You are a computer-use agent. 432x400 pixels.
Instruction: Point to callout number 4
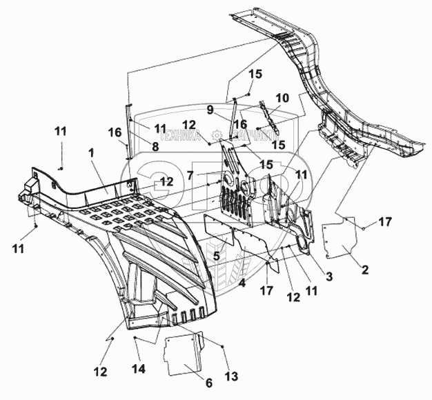[242, 283]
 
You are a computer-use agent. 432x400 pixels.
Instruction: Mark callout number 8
[155, 146]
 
